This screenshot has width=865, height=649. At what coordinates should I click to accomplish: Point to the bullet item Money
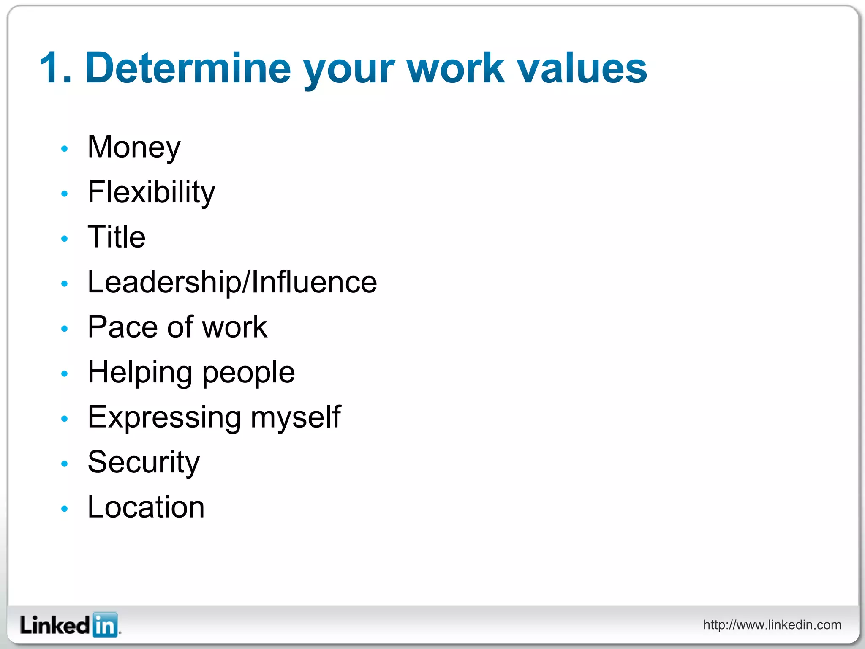(134, 147)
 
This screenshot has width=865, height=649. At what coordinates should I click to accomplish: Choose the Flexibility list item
(151, 192)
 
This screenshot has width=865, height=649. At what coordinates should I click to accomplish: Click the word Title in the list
(116, 237)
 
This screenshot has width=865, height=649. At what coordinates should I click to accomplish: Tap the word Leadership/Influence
(232, 282)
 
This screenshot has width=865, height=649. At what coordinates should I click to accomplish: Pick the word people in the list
(248, 373)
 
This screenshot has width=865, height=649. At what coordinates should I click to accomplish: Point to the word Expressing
(164, 417)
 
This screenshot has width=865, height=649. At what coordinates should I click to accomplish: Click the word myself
(295, 417)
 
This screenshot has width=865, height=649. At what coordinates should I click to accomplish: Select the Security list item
(143, 462)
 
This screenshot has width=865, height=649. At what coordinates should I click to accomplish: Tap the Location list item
(146, 507)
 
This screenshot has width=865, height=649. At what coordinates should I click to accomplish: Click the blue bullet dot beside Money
(64, 149)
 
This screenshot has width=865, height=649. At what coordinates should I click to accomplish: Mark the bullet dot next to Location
(64, 509)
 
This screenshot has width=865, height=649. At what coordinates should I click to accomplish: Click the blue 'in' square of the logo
(105, 625)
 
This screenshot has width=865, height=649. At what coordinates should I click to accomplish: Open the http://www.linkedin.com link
(772, 625)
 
